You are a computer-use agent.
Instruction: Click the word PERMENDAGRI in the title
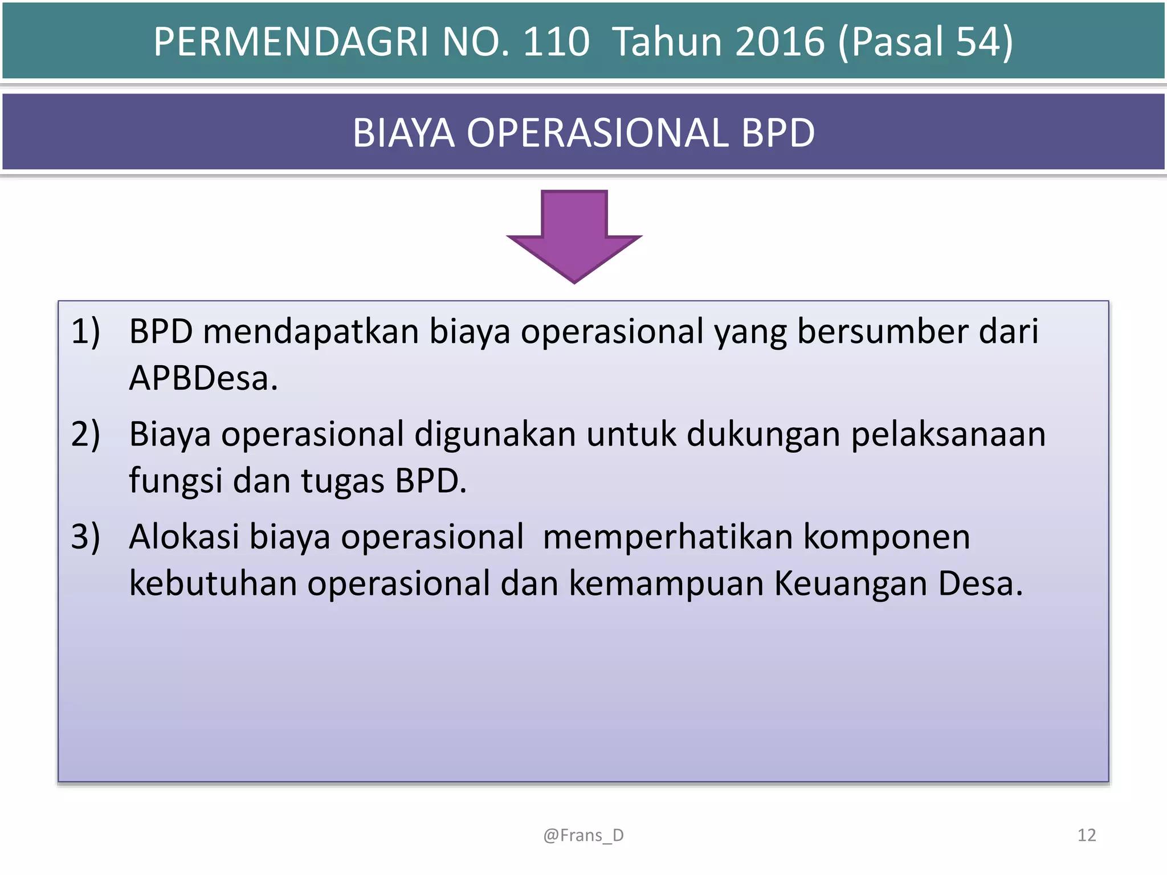(291, 42)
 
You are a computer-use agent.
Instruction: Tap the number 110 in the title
(556, 42)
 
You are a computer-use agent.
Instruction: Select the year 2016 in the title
(780, 42)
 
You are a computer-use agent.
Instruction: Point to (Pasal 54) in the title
(925, 42)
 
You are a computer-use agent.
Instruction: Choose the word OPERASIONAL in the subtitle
(597, 133)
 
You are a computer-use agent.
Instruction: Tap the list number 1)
(85, 332)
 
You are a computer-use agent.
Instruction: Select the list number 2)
(85, 434)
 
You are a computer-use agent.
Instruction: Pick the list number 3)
(85, 537)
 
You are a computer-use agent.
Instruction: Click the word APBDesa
(203, 378)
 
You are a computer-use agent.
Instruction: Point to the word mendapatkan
(311, 332)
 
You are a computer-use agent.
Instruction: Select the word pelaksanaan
(948, 434)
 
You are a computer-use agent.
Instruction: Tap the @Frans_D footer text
(583, 835)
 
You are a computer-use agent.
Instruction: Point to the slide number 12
(1087, 835)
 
